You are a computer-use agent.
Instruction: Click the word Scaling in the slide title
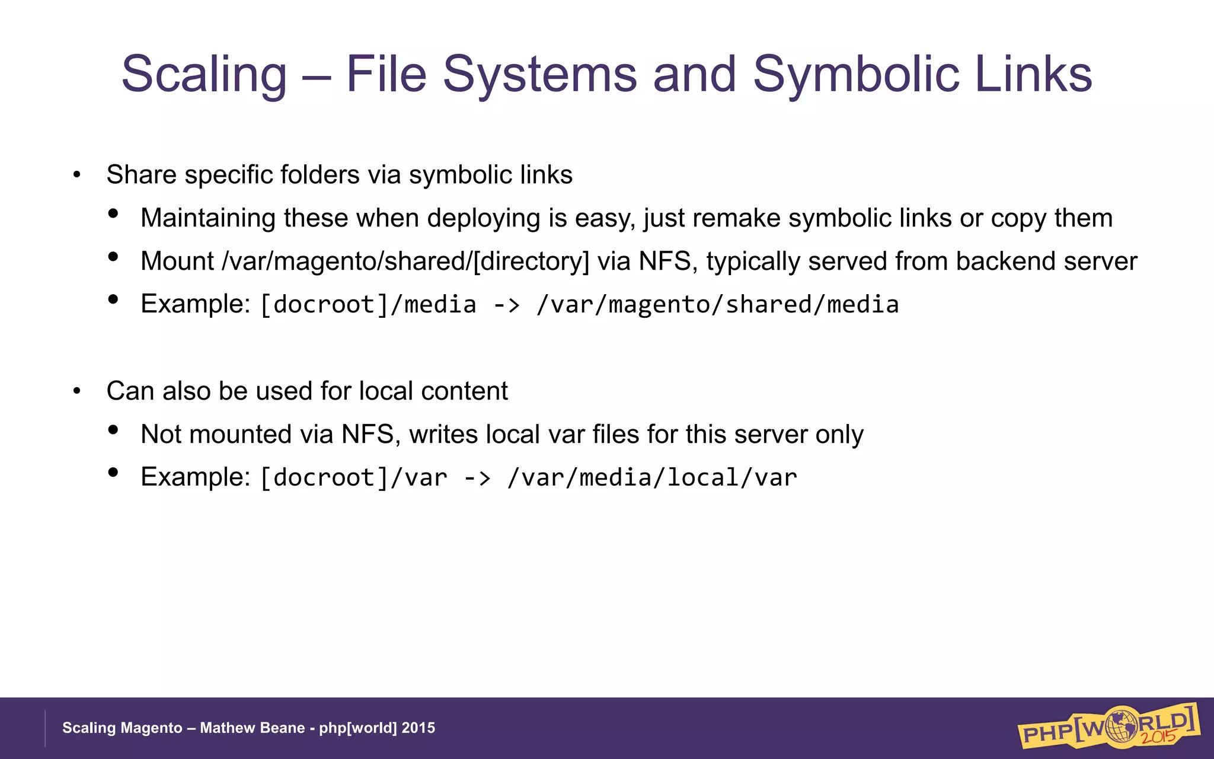point(204,75)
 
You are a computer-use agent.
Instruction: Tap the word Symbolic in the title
point(855,75)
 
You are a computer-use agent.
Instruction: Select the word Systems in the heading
point(539,75)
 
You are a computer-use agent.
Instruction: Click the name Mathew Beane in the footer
point(252,728)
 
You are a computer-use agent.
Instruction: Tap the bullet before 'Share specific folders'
point(76,176)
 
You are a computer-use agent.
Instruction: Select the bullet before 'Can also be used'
point(76,392)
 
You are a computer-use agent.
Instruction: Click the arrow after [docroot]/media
point(507,305)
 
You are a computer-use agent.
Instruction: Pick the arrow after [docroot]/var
point(478,478)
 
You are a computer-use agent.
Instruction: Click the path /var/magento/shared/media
point(717,305)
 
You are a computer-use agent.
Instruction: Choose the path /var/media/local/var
point(652,478)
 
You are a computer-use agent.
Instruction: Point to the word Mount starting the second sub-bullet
point(177,261)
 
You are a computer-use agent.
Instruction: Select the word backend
point(1006,261)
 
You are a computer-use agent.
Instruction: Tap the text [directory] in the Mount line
point(531,262)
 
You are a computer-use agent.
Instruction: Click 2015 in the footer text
point(418,728)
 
